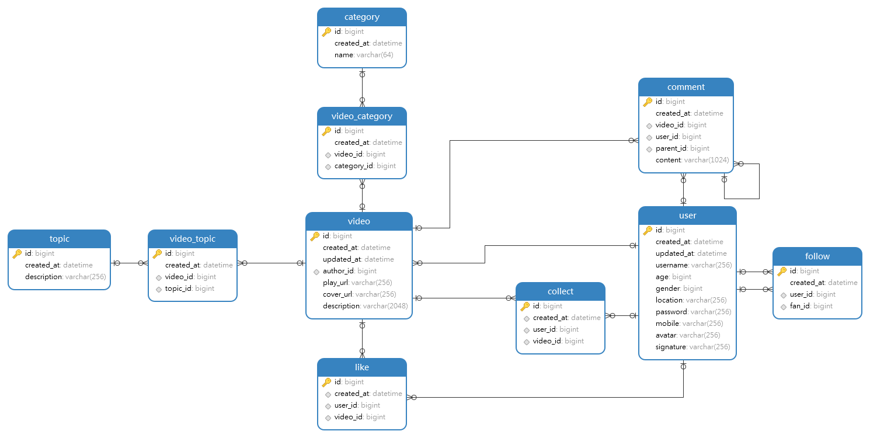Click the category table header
tap(362, 17)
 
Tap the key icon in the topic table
tap(17, 253)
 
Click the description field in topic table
tap(65, 277)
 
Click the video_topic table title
tap(193, 239)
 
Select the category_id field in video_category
tap(364, 166)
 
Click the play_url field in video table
tap(357, 283)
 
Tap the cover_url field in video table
tap(359, 294)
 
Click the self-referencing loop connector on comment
tap(758, 182)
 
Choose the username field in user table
tap(693, 265)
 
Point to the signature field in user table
tap(692, 347)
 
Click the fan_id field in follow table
tap(810, 306)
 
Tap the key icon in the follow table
tap(782, 271)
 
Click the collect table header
tap(561, 291)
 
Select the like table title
tap(362, 367)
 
